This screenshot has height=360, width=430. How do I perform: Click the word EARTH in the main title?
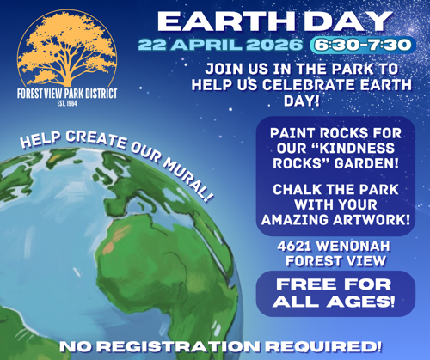[226, 21]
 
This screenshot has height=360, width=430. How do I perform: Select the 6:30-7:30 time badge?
[363, 45]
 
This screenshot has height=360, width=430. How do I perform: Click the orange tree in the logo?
[67, 49]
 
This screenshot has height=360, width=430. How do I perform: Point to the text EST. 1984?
[67, 103]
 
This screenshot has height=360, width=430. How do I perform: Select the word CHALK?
[298, 190]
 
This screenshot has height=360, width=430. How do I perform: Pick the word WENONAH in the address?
[353, 246]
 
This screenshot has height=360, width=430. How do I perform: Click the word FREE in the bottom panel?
[306, 284]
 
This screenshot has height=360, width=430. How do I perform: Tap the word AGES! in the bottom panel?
[361, 302]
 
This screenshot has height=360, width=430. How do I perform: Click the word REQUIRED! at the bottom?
[323, 346]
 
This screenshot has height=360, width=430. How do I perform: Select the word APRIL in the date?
[207, 45]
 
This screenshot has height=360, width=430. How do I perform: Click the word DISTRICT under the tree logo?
[100, 94]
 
